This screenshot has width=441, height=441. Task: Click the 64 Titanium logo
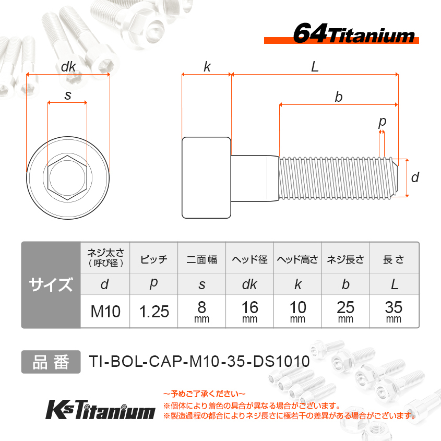pos(341,34)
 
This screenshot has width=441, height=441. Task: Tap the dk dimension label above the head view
pos(68,67)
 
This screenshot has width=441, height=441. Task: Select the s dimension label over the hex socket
pos(68,96)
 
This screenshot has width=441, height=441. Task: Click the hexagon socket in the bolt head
pos(67,177)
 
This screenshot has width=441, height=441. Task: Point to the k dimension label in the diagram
pos(207,67)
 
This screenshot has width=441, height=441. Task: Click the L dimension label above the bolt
pos(315,67)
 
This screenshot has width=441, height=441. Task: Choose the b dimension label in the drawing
pos(339,97)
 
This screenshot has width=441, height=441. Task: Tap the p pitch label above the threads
pos(382,122)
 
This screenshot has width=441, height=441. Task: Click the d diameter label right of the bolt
pos(415,177)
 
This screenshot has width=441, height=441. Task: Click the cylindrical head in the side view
pos(207,177)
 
